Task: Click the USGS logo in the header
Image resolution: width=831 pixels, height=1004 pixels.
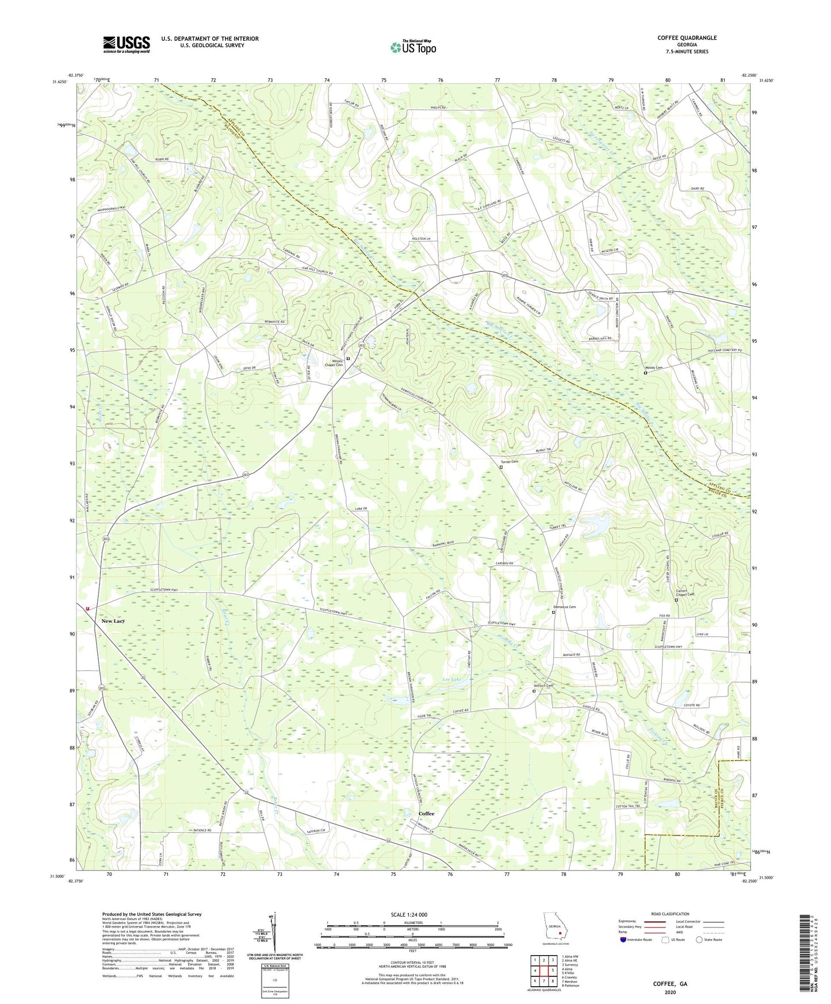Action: (x=126, y=44)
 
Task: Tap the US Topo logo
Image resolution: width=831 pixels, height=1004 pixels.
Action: (x=412, y=48)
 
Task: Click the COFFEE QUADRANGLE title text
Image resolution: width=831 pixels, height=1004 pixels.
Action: (x=687, y=38)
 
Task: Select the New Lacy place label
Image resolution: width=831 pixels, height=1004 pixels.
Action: (x=113, y=621)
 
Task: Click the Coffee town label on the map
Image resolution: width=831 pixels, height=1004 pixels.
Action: (x=426, y=814)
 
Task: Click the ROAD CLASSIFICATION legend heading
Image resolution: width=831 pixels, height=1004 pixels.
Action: (x=670, y=914)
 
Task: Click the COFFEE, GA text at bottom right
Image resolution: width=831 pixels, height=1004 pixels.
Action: (x=670, y=984)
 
